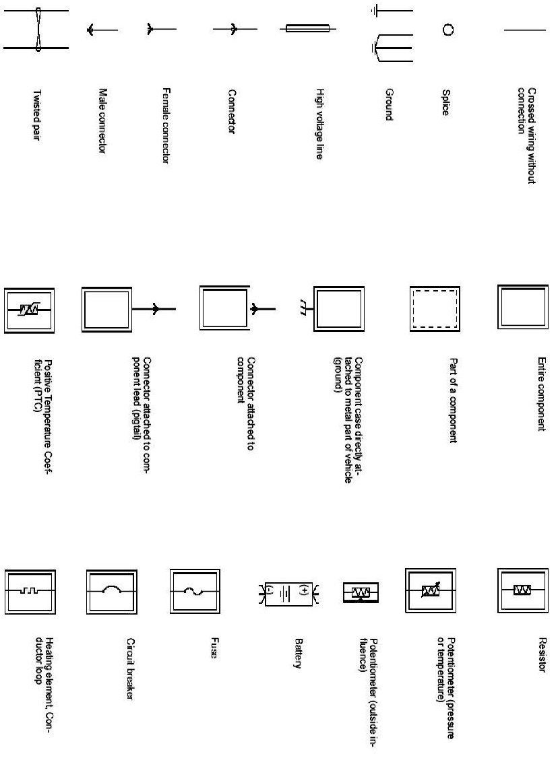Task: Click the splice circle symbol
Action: pos(447,30)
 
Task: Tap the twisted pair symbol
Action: pos(38,30)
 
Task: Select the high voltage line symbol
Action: pos(307,29)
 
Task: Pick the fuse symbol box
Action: pos(195,591)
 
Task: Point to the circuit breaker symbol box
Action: pos(112,591)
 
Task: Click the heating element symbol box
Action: pos(30,591)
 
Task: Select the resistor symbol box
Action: pos(523,590)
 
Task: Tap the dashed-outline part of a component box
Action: pos(435,308)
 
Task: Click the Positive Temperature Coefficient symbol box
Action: pos(30,310)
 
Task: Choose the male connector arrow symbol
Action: pos(101,30)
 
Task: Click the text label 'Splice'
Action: pos(445,103)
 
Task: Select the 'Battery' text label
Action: pos(297,653)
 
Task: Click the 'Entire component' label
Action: pos(540,394)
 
